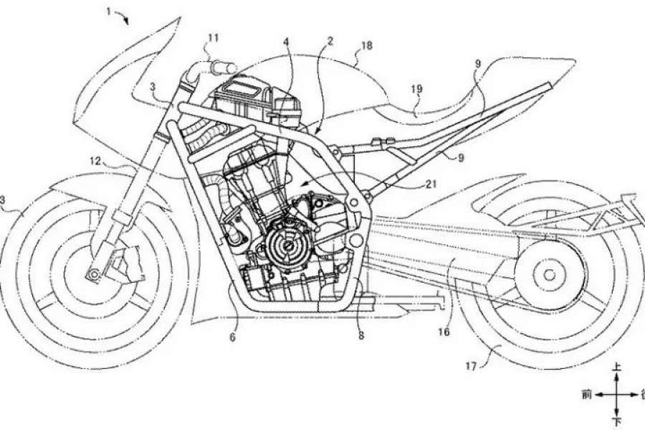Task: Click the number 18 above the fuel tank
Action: coord(366,45)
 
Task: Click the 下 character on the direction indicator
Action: coord(615,417)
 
